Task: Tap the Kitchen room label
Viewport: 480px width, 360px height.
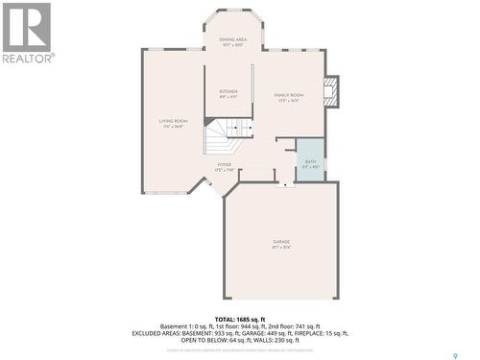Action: pyautogui.click(x=228, y=91)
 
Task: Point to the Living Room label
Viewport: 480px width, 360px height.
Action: pyautogui.click(x=174, y=120)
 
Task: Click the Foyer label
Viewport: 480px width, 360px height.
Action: pyautogui.click(x=224, y=164)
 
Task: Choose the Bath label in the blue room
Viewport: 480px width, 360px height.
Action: pyautogui.click(x=310, y=161)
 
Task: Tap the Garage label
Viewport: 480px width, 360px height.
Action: pyautogui.click(x=281, y=241)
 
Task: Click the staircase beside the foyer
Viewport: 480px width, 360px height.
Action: pyautogui.click(x=228, y=135)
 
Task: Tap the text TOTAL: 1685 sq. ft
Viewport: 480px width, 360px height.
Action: pyautogui.click(x=239, y=319)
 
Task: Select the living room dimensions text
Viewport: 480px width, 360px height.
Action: pyautogui.click(x=174, y=126)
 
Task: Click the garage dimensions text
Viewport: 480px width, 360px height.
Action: pyautogui.click(x=281, y=248)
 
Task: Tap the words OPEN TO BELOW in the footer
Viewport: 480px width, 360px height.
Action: pyautogui.click(x=199, y=339)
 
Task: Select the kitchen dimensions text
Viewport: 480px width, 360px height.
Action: pyautogui.click(x=228, y=97)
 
